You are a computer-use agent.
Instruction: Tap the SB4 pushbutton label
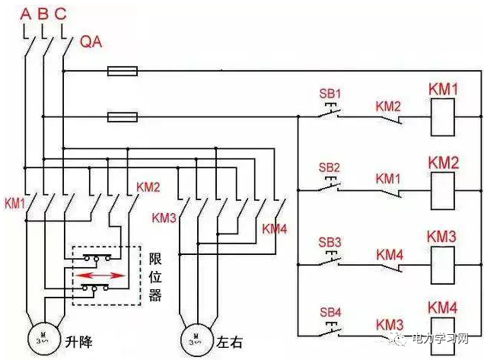tap(330, 313)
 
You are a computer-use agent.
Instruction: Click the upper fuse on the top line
tap(122, 72)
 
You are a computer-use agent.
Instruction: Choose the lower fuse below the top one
tap(122, 117)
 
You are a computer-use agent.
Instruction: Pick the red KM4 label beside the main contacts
tap(275, 228)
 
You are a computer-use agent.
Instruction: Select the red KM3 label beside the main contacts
tap(164, 218)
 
